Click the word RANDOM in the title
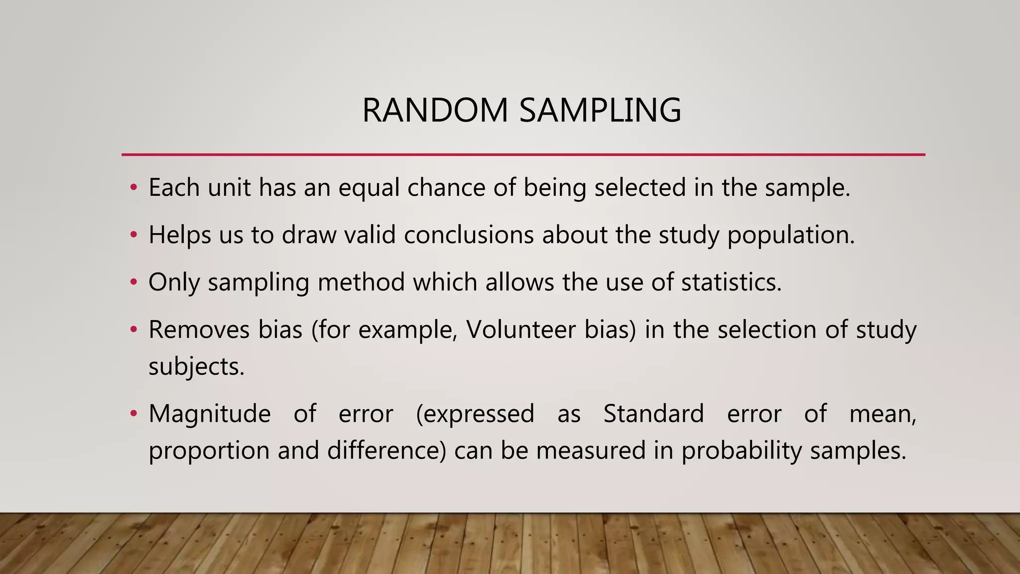coord(435,110)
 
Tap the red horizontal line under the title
coord(523,155)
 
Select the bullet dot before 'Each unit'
coord(133,188)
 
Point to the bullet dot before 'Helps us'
coord(133,235)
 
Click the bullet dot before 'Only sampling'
coord(133,283)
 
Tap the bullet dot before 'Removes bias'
coord(133,330)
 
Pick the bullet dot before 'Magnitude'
coord(133,414)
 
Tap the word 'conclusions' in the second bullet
coord(469,235)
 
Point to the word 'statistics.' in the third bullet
coord(731,283)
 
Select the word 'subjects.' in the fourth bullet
coord(196,367)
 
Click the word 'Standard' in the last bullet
coord(653,414)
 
